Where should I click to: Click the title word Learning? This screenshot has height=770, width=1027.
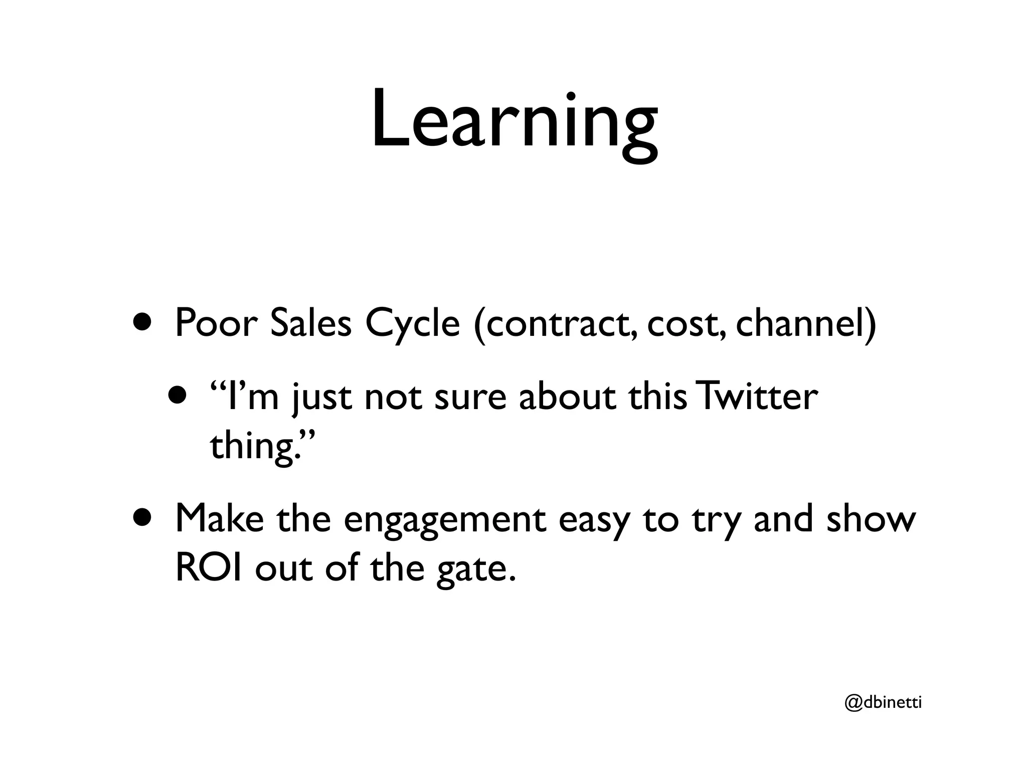(x=514, y=123)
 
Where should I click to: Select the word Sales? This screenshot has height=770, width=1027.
(x=311, y=323)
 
